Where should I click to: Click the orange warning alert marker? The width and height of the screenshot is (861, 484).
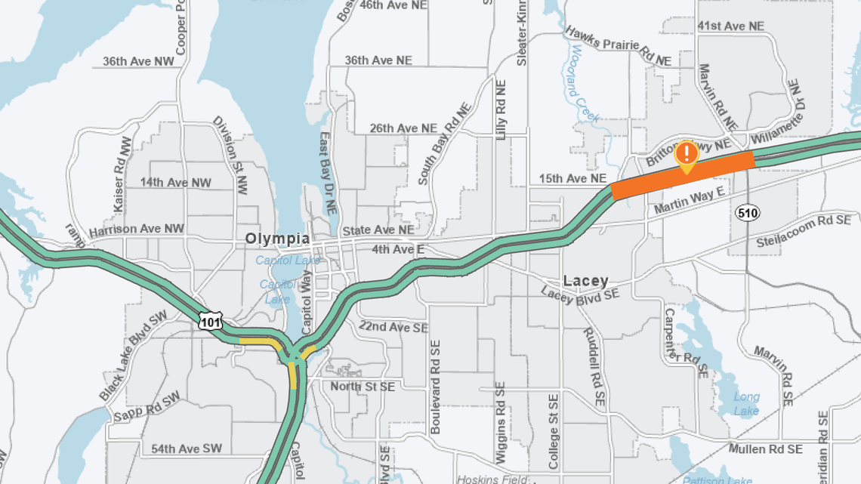click(686, 154)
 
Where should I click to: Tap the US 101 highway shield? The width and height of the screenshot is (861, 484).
click(211, 322)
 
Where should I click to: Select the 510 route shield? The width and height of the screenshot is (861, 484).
click(747, 214)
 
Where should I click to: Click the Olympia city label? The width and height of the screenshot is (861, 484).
click(277, 239)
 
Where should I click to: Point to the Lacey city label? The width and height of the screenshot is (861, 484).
click(585, 281)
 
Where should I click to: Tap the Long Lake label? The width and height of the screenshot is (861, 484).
click(746, 403)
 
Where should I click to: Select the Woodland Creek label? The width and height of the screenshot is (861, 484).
click(585, 83)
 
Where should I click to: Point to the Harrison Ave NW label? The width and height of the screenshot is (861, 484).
click(136, 229)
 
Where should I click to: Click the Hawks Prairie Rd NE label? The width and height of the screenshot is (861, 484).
click(618, 47)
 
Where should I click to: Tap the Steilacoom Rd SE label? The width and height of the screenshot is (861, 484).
click(803, 231)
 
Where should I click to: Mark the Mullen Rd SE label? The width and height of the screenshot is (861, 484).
click(766, 449)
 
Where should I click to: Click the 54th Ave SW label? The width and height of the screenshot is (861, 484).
click(187, 449)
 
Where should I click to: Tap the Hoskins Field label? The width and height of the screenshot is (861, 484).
click(492, 479)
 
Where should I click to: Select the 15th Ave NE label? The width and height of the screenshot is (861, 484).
click(573, 179)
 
